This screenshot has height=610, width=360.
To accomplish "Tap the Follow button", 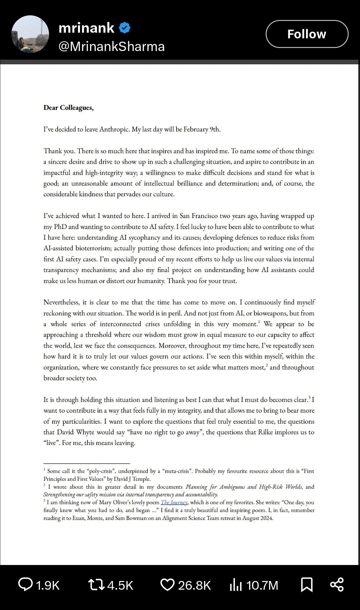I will [x=307, y=34].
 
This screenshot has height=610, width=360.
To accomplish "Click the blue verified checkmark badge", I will [x=125, y=28].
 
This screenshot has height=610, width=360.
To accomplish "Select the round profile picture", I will [x=30, y=34].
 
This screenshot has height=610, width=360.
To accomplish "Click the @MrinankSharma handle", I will [x=111, y=47].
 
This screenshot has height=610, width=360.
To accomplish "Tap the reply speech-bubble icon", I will [x=25, y=585].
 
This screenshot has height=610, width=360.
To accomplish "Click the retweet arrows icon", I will [x=96, y=585].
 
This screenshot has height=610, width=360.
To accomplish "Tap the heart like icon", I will [x=167, y=585].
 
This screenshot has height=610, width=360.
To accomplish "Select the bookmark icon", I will [x=306, y=585].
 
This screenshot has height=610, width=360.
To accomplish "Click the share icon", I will [x=337, y=585].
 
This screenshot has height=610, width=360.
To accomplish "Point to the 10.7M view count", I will [x=262, y=585].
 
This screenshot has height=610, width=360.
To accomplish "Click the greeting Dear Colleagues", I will [x=68, y=108].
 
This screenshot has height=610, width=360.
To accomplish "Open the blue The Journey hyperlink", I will [x=174, y=502].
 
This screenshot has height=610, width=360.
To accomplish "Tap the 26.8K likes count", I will [x=194, y=585].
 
